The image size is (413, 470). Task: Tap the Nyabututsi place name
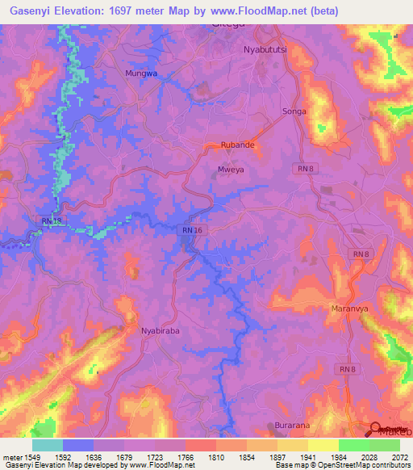tap(269, 49)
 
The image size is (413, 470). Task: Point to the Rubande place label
tap(238, 145)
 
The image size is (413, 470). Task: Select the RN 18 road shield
tap(51, 220)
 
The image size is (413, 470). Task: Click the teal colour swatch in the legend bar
tap(47, 445)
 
